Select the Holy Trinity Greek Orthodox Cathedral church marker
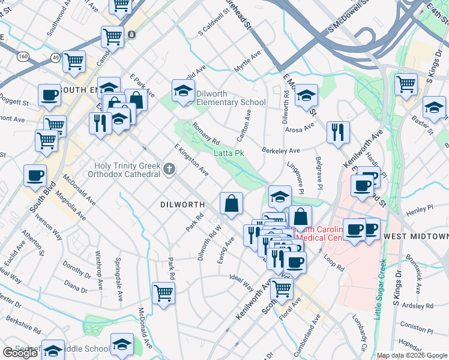click(x=169, y=170)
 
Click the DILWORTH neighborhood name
click(x=182, y=205)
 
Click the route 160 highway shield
click(x=23, y=56)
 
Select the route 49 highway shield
click(x=55, y=58)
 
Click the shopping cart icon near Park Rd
click(x=163, y=293)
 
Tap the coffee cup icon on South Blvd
click(x=35, y=175)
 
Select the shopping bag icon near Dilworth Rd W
click(x=231, y=203)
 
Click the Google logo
click(x=20, y=353)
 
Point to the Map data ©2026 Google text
click(x=412, y=355)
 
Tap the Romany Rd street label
click(x=206, y=133)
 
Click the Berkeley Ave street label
click(x=280, y=150)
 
